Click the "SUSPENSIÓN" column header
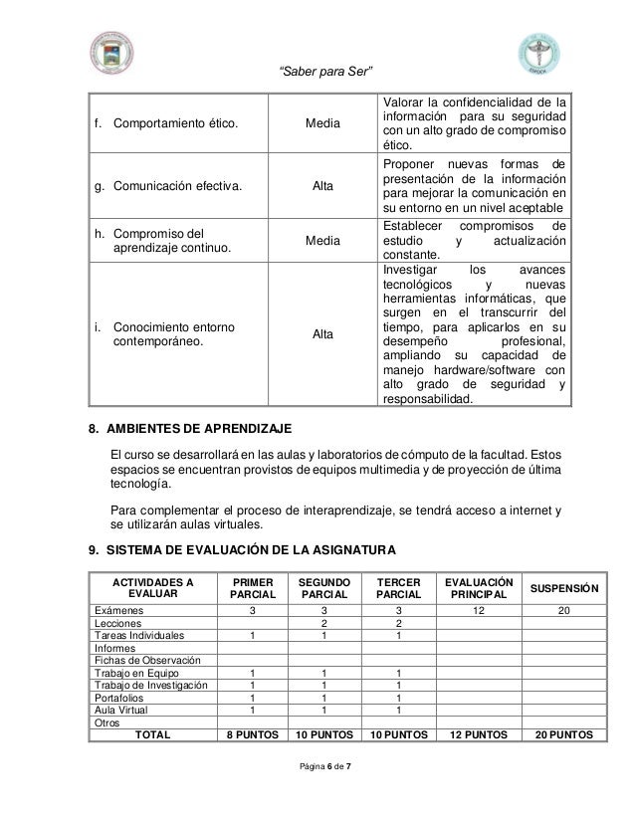point(563,587)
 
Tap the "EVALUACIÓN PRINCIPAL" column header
point(479,587)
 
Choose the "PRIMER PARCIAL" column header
point(252,587)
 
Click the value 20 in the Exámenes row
point(563,609)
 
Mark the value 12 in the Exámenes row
point(479,609)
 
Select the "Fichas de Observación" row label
point(141,659)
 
